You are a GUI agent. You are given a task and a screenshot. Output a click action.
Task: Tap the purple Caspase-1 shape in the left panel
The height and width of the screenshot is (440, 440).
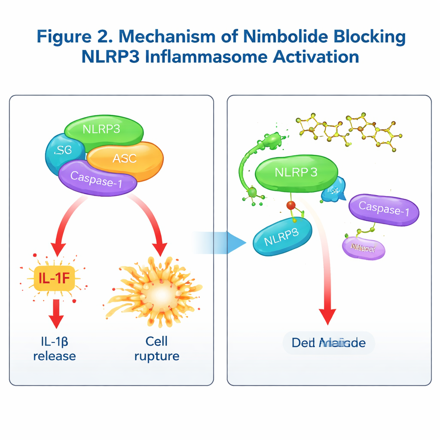(x=96, y=178)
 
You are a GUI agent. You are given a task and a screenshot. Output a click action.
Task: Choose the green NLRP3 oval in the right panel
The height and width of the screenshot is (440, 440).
(x=296, y=173)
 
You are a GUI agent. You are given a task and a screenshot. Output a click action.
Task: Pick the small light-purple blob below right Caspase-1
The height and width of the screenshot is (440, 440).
(x=363, y=248)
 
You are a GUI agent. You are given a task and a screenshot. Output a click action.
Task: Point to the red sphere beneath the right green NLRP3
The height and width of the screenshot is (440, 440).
(x=291, y=205)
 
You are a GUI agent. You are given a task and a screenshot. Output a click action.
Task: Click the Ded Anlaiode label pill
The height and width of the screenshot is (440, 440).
(x=329, y=343)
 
